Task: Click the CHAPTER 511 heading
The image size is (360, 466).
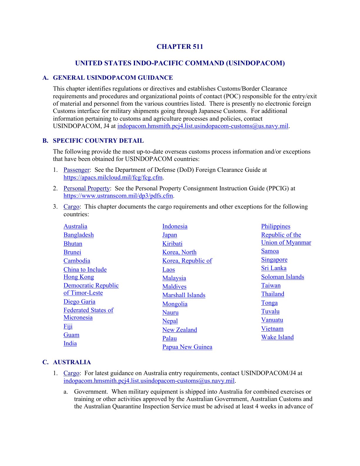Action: click(180, 46)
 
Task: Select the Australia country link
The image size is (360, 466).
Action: click(75, 226)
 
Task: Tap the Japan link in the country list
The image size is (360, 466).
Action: click(170, 235)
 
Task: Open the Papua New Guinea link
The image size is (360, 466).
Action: click(187, 347)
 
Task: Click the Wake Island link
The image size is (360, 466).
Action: click(277, 337)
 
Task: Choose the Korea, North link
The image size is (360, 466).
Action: click(179, 252)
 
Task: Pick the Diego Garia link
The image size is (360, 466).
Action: click(79, 302)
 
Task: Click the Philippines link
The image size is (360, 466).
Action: click(276, 226)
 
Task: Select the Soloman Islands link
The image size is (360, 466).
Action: click(282, 277)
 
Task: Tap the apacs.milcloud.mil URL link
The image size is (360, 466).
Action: click(113, 177)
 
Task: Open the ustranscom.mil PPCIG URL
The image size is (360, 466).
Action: click(118, 196)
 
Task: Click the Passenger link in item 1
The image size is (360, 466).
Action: click(76, 170)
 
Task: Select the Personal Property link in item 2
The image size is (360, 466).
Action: click(86, 188)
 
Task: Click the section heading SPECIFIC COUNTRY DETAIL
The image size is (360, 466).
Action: click(98, 141)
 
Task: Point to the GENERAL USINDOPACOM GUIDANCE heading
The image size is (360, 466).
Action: click(113, 78)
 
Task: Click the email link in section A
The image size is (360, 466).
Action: click(203, 126)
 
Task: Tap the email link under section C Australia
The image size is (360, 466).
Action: click(149, 381)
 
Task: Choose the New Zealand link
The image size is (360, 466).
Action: click(179, 330)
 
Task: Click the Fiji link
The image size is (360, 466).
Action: click(68, 326)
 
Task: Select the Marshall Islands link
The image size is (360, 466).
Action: click(184, 295)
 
